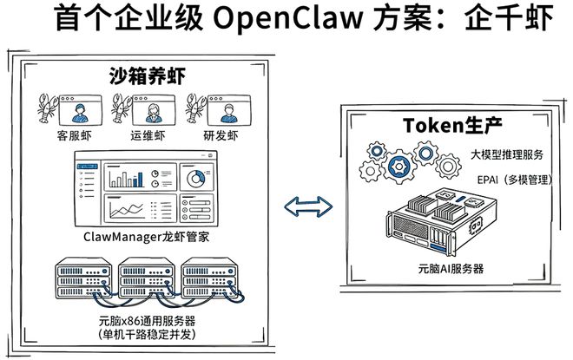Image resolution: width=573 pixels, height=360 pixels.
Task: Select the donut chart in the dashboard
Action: click(x=197, y=177)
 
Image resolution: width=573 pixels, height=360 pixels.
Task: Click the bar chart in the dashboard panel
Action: click(x=126, y=178)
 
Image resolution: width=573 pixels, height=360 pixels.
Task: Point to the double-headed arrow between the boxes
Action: click(x=309, y=206)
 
